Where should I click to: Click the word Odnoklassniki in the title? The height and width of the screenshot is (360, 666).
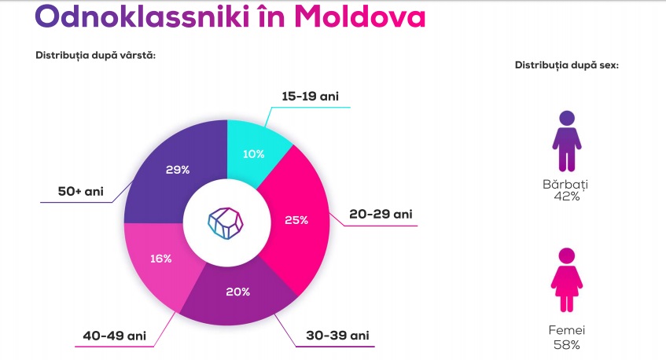coord(142,17)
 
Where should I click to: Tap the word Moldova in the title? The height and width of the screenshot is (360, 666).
coord(360,17)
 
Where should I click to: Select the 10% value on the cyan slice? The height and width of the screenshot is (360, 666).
coord(253,154)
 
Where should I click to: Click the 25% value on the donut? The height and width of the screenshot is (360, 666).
coord(296,220)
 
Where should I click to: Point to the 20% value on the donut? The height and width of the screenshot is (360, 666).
coord(237,292)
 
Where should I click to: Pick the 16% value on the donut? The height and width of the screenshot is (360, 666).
coord(161,259)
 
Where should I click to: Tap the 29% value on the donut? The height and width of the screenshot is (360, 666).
coord(178,170)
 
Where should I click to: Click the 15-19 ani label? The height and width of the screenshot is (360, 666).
coord(311,97)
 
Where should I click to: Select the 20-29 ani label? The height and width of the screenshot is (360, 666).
coord(381,214)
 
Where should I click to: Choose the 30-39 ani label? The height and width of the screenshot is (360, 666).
coord(337,336)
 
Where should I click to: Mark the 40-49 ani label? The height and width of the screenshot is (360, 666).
coord(115,336)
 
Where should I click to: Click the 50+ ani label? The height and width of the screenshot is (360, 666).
coord(81,192)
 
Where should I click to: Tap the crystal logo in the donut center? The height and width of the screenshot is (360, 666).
coord(226,223)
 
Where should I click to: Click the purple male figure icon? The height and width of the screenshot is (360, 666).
coord(567,141)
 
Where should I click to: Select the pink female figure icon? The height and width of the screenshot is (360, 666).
coord(567,280)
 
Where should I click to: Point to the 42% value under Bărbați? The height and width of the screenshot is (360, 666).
coord(567,197)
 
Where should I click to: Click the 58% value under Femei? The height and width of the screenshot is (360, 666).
coord(567,345)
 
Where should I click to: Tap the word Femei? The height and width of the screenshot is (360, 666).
coord(567,330)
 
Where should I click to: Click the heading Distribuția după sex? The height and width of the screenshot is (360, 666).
coord(567,65)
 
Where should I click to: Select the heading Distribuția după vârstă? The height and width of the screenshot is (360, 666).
coord(96,55)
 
